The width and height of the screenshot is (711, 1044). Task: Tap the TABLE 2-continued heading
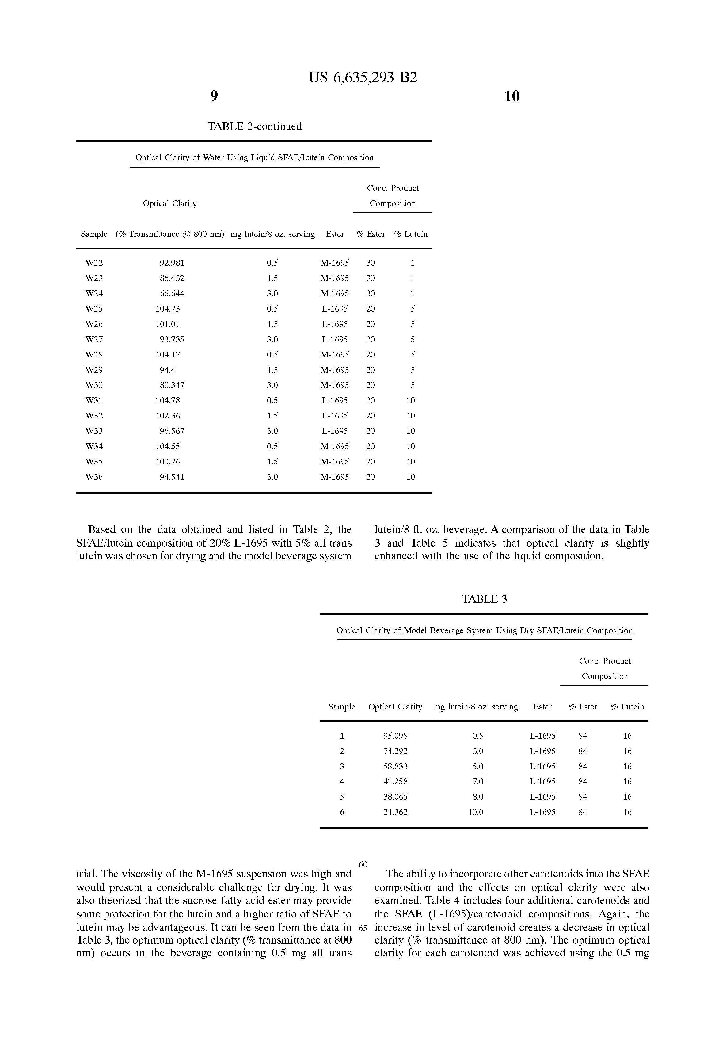coord(254,126)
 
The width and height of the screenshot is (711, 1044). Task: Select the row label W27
coord(94,339)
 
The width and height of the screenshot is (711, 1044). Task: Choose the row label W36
coord(94,477)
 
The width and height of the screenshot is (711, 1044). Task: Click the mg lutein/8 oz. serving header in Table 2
coord(272,234)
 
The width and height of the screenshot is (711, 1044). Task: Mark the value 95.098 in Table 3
coord(395,736)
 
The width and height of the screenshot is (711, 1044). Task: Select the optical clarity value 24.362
coord(395,812)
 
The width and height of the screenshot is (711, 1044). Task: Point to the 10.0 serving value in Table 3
coord(476,812)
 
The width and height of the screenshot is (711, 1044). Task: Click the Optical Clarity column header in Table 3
coord(395,707)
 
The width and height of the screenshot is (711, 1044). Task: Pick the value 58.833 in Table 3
coord(395,766)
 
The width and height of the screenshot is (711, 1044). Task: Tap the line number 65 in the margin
coord(363,928)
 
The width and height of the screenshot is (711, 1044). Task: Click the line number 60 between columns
coord(363,864)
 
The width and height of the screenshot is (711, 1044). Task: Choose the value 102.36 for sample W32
coord(168,415)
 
